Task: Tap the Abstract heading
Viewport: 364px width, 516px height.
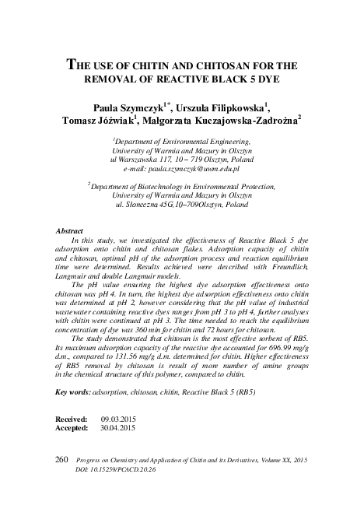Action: tap(72, 232)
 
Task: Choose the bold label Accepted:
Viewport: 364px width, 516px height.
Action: tap(72, 428)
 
